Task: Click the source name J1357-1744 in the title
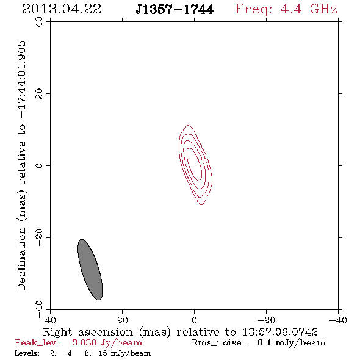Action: [x=175, y=10]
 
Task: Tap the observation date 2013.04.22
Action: [x=62, y=9]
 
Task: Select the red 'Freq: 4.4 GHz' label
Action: [x=286, y=9]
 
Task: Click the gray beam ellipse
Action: [x=90, y=270]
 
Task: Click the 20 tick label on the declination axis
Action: [x=39, y=94]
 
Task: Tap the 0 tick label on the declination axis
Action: [x=39, y=165]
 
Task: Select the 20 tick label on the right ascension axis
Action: [x=122, y=320]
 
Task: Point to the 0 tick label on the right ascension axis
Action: [x=194, y=320]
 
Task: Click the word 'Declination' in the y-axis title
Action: [x=21, y=259]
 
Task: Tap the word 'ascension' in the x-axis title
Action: [x=106, y=332]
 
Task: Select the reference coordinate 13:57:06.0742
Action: [x=280, y=332]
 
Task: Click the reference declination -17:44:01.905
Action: [x=22, y=79]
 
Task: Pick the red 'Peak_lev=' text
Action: [x=38, y=343]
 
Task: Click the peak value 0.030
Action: [x=84, y=342]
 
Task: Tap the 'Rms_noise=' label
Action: [x=220, y=343]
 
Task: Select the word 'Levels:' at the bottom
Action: [x=27, y=353]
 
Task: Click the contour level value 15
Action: [x=103, y=353]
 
